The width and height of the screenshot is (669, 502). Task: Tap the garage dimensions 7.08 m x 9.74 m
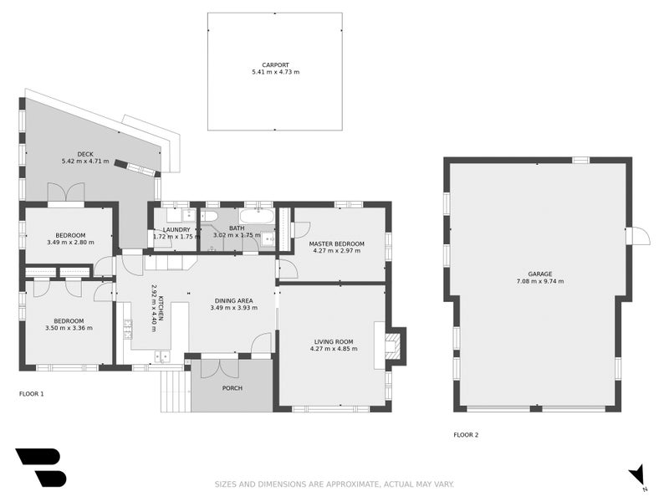pos(539,281)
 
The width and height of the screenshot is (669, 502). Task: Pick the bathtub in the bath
pos(257,217)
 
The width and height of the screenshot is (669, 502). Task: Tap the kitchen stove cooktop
pos(128,328)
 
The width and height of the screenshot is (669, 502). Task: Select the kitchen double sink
pos(161,356)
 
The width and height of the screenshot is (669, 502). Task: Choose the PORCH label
pos(232,388)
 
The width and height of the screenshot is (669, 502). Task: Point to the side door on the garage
pos(639,236)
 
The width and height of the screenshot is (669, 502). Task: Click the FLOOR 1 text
pos(31,393)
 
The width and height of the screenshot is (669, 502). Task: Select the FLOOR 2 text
pos(466,435)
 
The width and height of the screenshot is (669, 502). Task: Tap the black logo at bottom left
pos(40,467)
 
